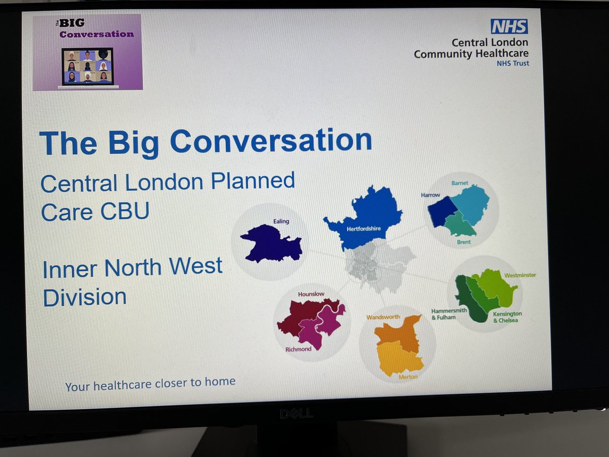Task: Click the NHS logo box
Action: [x=509, y=26]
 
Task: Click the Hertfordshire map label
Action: [x=363, y=229]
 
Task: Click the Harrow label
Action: [x=431, y=194]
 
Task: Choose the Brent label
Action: [x=463, y=242]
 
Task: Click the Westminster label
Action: [x=520, y=275]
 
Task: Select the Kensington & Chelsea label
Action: [x=507, y=317]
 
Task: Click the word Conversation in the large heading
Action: [x=270, y=142]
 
